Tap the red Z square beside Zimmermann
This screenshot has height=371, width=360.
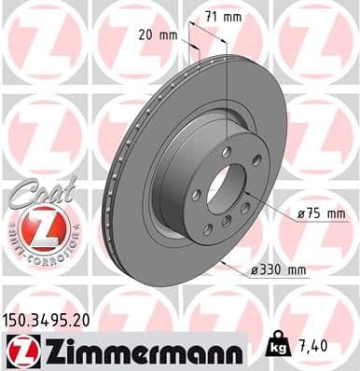tap(20, 351)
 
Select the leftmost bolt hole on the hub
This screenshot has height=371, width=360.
tap(196, 195)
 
